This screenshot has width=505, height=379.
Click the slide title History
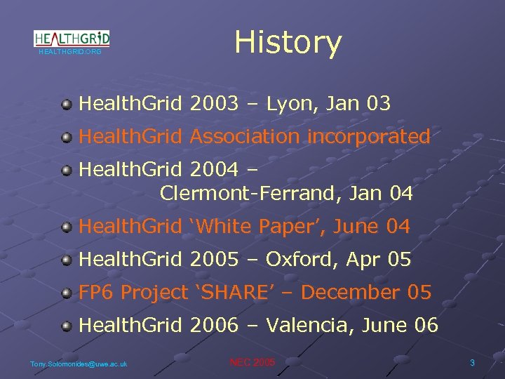[288, 42]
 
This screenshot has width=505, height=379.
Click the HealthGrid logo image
[72, 39]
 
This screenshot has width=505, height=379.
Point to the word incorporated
[369, 137]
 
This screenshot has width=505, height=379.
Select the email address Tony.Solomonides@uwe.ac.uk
[79, 364]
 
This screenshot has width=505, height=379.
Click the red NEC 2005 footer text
[252, 362]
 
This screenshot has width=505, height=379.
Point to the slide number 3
[472, 363]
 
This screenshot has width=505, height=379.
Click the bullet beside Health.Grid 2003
[67, 105]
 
